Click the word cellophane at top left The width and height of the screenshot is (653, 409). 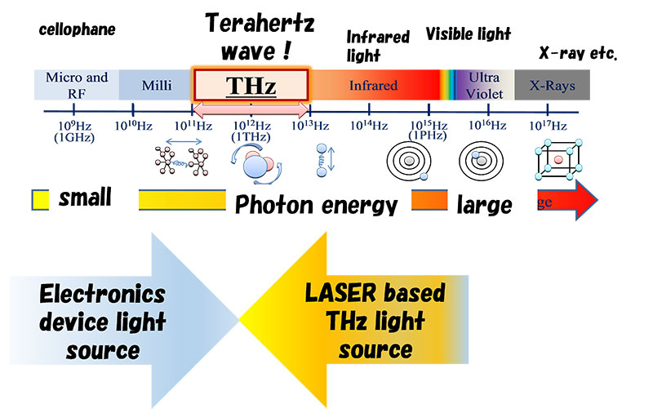click(x=78, y=30)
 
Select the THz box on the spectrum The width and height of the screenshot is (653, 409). click(x=251, y=85)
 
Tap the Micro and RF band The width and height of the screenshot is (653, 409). click(x=77, y=84)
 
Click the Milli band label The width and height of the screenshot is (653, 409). click(x=156, y=85)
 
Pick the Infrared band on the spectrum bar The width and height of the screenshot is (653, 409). click(x=373, y=85)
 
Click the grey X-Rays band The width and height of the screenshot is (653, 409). click(x=551, y=84)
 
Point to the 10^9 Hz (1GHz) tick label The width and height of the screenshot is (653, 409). click(x=74, y=131)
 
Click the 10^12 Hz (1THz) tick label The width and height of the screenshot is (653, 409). click(x=251, y=131)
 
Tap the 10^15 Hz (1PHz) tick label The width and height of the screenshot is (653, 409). click(x=429, y=131)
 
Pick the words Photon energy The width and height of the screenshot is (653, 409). click(x=316, y=205)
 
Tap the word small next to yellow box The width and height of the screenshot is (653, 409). click(x=85, y=198)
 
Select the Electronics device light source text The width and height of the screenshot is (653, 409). click(x=102, y=322)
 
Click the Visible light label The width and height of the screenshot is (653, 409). click(x=468, y=34)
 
